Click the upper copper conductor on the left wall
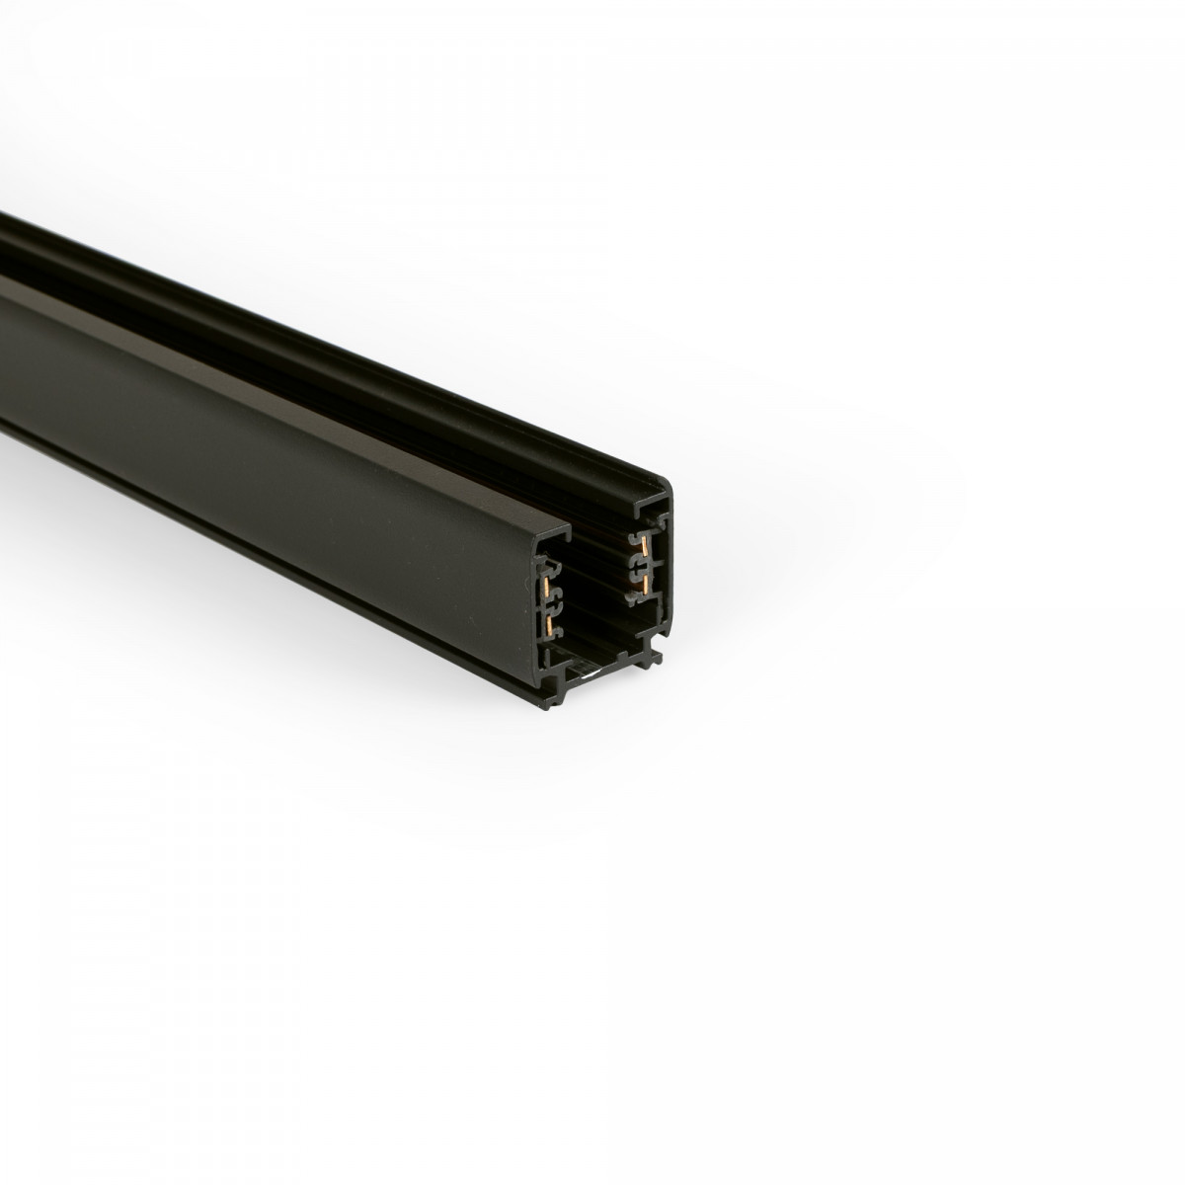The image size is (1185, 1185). pos(546,587)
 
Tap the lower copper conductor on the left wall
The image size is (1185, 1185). pos(549,625)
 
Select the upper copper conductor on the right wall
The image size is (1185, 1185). pos(645,546)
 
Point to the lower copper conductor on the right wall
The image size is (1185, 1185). pos(645,585)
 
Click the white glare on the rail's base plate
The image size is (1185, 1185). pos(592,674)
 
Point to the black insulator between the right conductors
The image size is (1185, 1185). pos(639,566)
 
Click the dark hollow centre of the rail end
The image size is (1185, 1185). pos(596,593)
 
